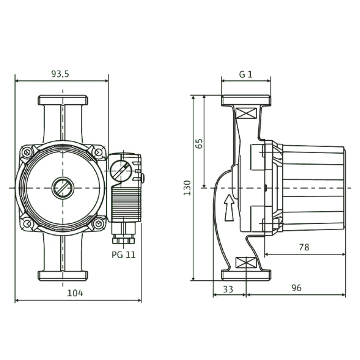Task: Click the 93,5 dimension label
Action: click(60, 74)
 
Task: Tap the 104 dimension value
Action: click(75, 293)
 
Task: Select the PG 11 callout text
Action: click(124, 255)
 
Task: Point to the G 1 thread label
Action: click(246, 74)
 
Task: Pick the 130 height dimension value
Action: click(187, 188)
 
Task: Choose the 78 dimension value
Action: click(304, 247)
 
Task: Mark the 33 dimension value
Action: click(228, 289)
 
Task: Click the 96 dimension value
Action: click(296, 288)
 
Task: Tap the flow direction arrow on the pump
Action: click(229, 208)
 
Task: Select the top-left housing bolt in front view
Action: click(27, 152)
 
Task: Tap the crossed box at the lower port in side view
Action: click(246, 262)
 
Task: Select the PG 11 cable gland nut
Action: click(123, 241)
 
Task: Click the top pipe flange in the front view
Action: click(63, 100)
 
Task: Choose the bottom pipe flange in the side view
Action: click(246, 275)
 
